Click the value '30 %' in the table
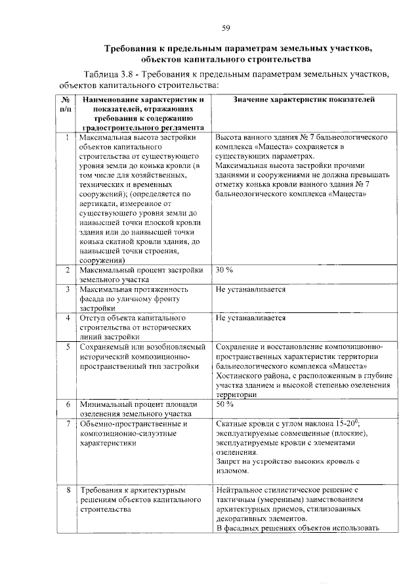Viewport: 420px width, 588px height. [224, 270]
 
